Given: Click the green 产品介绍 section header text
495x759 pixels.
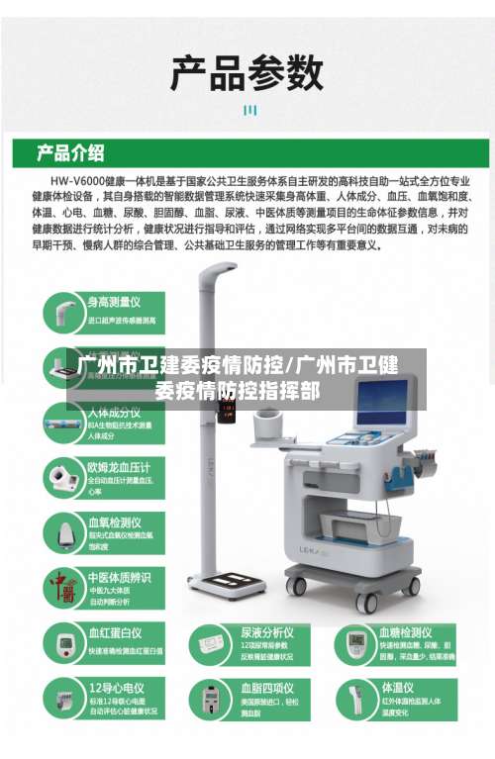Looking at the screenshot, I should (70, 153).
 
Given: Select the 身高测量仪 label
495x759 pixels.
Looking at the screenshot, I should (115, 301).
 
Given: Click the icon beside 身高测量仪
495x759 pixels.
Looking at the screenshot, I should (62, 314).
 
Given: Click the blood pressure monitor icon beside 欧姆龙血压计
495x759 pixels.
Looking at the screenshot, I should (62, 479).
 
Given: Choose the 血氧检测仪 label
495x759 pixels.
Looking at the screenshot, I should (115, 522).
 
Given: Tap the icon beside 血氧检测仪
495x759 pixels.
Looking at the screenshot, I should (62, 534).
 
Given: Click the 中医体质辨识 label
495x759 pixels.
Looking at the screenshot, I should (120, 577).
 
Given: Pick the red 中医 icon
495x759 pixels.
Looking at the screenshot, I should (62, 589).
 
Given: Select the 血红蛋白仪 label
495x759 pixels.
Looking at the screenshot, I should (115, 631).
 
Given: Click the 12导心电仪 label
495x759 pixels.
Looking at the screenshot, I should (115, 687).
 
